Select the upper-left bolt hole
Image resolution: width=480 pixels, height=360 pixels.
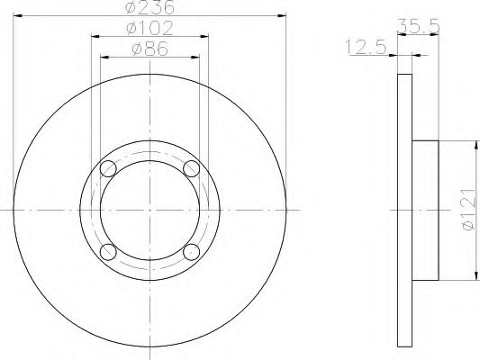point(108,168)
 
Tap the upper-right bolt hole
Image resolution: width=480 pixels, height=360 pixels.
point(191,168)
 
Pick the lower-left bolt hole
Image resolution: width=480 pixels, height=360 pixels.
point(108,251)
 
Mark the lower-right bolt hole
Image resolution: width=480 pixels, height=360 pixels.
point(191,251)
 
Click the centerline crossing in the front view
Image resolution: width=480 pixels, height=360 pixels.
point(149,210)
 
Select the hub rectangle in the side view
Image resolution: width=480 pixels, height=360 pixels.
point(425,210)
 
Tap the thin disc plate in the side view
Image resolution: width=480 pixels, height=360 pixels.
point(403,210)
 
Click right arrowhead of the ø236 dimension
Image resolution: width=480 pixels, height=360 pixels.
point(280,15)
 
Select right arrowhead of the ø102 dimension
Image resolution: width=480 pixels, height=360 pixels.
point(204,36)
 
